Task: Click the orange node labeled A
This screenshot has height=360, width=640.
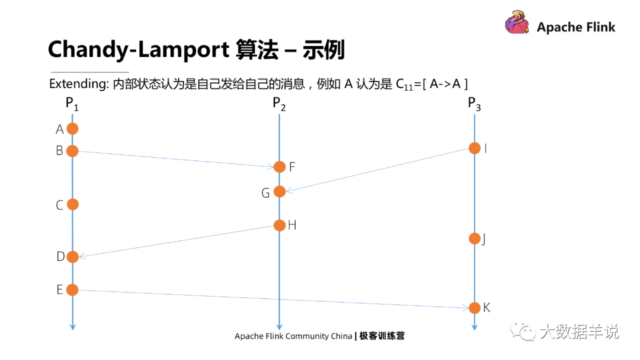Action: [x=72, y=128]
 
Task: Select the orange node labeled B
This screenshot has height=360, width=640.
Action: [x=72, y=151]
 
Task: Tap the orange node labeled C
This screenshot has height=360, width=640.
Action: [x=72, y=204]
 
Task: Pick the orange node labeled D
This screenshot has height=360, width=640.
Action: [x=72, y=257]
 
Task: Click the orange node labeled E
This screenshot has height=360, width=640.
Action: [x=72, y=290]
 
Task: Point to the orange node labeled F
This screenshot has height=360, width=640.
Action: [x=280, y=167]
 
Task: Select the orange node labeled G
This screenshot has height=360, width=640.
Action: [x=280, y=191]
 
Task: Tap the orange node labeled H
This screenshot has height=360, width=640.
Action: [x=280, y=225]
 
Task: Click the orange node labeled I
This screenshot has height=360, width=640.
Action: [x=475, y=148]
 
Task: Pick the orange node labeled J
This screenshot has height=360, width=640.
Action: [x=475, y=239]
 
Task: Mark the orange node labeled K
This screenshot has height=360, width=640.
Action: [x=475, y=308]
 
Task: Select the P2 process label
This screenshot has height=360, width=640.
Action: [x=279, y=104]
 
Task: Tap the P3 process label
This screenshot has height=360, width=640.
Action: [x=474, y=104]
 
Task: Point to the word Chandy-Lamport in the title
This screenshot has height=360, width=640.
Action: [x=137, y=50]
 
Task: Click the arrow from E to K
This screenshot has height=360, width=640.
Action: [x=273, y=299]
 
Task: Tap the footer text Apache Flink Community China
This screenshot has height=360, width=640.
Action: [x=293, y=336]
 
